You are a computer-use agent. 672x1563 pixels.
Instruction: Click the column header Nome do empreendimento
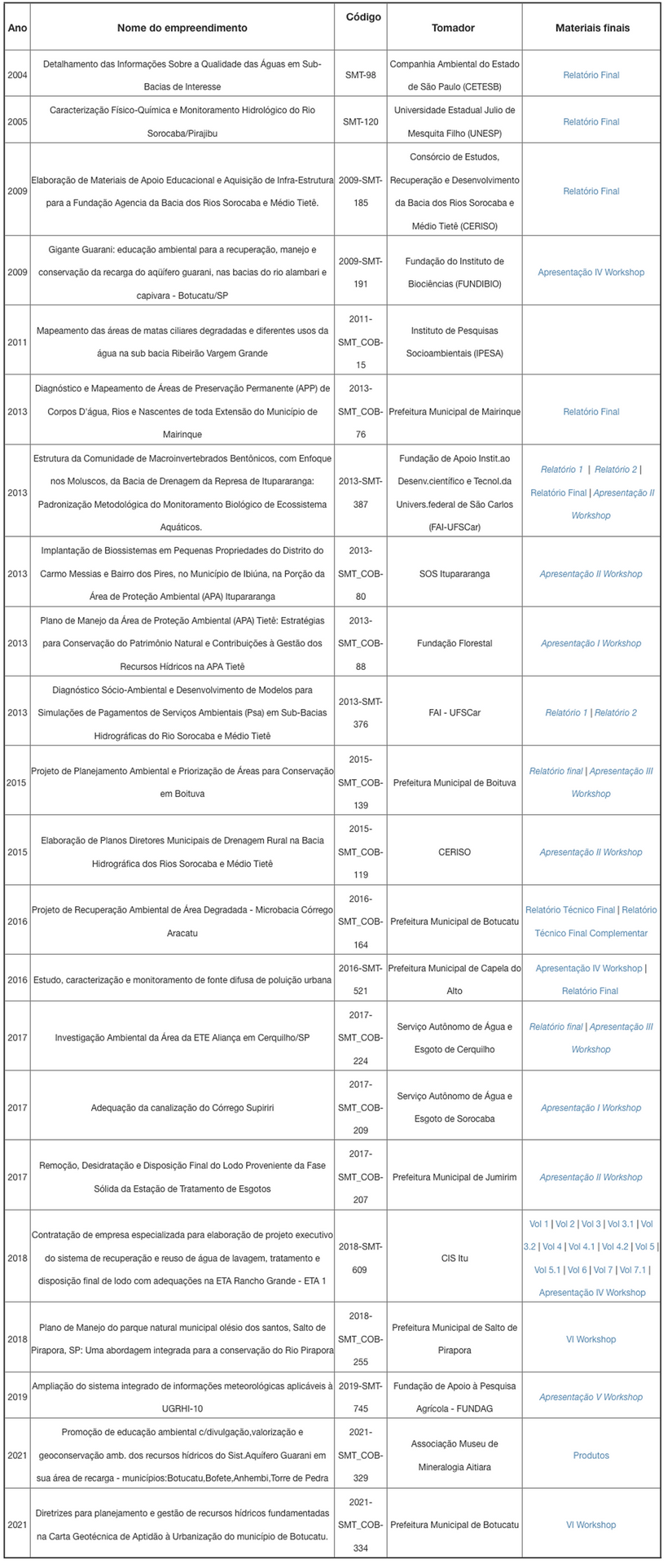point(182,28)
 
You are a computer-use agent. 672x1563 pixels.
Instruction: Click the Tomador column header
point(453,28)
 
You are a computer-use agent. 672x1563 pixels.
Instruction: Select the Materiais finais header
point(592,28)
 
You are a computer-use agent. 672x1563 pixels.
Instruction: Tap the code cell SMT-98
point(360,75)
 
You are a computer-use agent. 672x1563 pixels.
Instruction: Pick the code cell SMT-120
point(360,121)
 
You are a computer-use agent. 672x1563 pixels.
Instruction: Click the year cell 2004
point(17,75)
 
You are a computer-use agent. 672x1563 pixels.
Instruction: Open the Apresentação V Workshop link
point(591,1397)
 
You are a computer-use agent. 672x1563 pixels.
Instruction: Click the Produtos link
point(591,1455)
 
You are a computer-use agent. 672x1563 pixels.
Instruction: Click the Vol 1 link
point(538,1224)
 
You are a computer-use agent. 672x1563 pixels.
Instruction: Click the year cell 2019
point(17,1397)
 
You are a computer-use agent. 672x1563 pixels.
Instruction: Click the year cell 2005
point(17,121)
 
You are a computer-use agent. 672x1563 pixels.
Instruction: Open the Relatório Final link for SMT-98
point(591,75)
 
